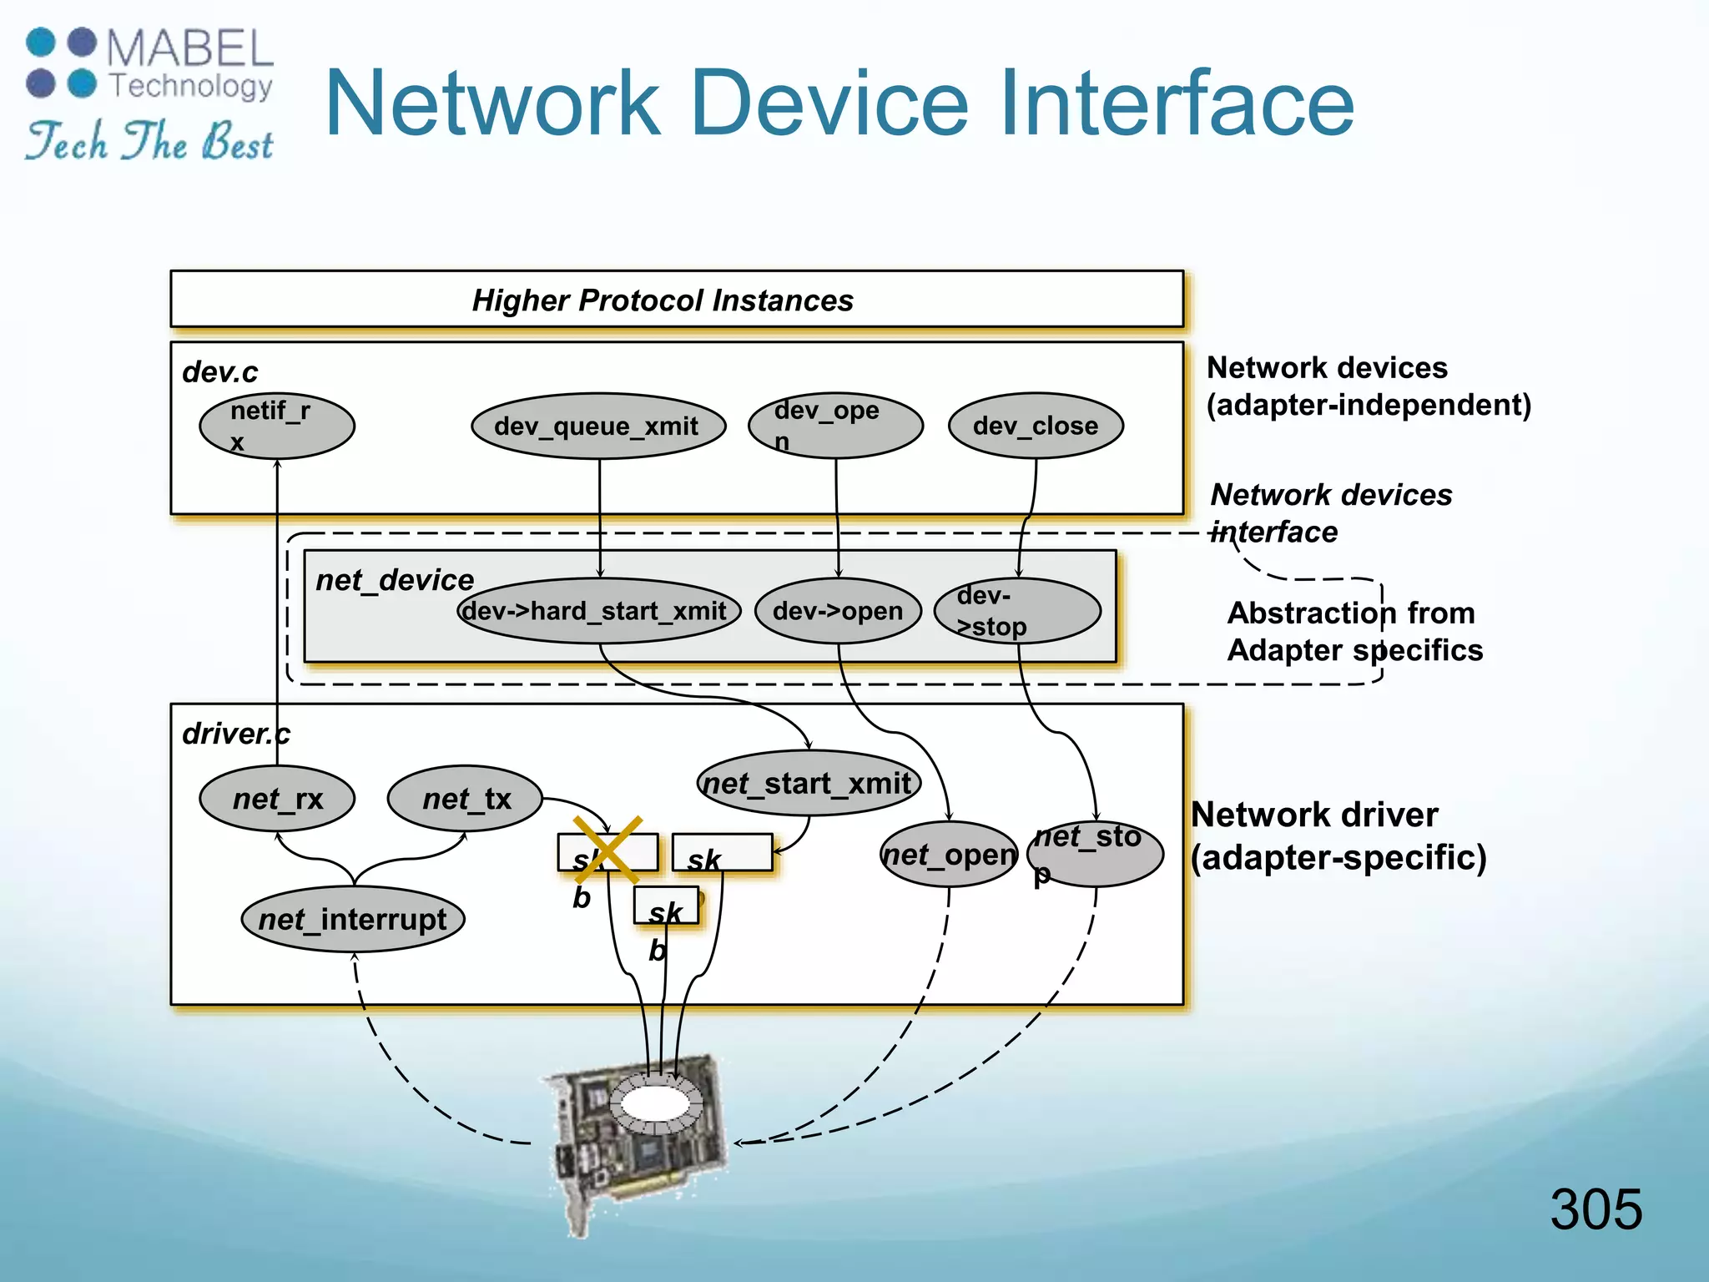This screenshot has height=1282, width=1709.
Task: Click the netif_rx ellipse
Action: point(277,426)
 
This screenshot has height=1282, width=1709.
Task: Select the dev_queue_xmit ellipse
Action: point(597,426)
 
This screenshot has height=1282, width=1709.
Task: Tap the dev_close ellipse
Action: point(1036,426)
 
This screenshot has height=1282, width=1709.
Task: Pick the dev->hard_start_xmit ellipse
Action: point(597,611)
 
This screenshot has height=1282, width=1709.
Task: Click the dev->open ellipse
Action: point(838,611)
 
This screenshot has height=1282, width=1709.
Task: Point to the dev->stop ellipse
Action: point(1017,611)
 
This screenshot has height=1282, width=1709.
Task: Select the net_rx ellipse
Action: point(277,799)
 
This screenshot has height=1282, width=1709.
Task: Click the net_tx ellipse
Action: point(466,799)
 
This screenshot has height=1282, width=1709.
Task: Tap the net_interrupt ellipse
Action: point(353,919)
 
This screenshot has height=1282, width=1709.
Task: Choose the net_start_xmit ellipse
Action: point(808,783)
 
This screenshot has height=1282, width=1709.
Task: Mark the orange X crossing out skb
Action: point(607,850)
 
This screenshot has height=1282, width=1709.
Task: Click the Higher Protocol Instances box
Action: point(676,300)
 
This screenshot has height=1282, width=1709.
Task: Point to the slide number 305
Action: point(1596,1209)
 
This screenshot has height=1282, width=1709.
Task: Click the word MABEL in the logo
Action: point(189,48)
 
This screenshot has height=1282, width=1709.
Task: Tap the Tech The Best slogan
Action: point(150,141)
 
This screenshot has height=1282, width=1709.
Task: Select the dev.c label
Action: point(220,372)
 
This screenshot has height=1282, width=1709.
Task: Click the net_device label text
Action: point(395,580)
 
